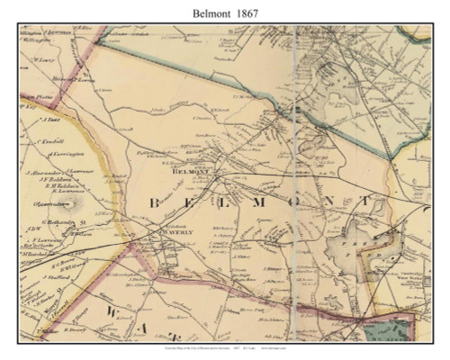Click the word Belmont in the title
pos(209,12)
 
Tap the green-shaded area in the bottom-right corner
pos(410,332)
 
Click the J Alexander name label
pos(40,170)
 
